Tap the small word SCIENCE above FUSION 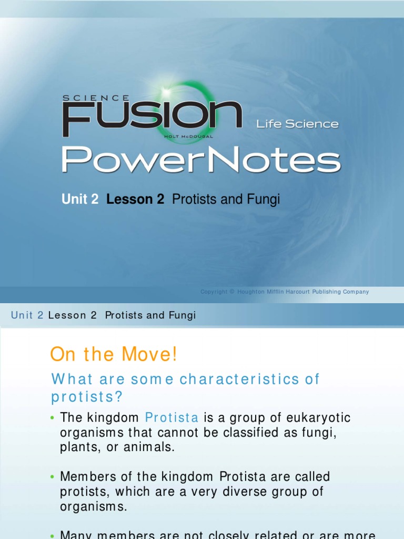click(x=96, y=97)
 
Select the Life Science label click(x=297, y=124)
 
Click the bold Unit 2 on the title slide click(x=80, y=199)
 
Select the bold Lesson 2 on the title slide click(x=135, y=199)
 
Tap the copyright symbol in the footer click(x=232, y=292)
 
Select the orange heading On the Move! click(x=114, y=355)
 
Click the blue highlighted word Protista click(x=172, y=418)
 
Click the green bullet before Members click(x=53, y=477)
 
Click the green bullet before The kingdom click(x=53, y=418)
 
